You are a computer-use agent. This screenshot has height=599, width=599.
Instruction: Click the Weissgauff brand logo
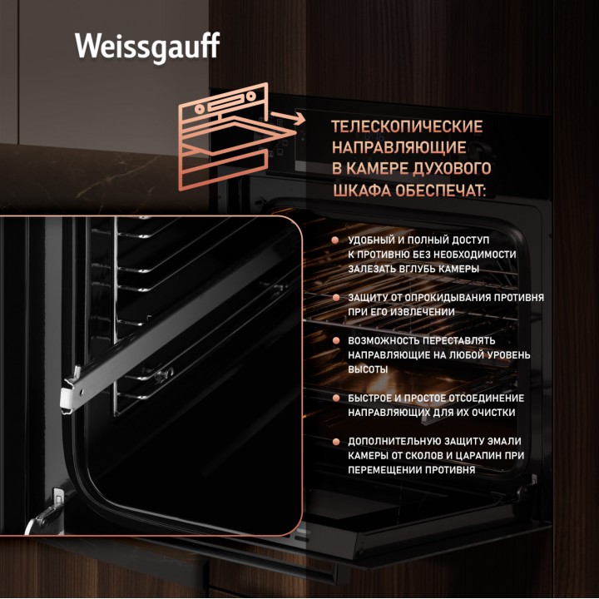coord(147,47)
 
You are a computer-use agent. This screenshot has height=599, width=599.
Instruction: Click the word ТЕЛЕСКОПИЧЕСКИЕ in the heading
coord(407,126)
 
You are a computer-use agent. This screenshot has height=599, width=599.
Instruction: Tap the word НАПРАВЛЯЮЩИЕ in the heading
coord(399,148)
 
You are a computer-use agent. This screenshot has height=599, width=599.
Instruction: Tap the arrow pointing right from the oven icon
coord(288,117)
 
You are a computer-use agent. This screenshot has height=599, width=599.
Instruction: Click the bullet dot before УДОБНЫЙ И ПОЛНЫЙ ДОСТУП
coord(335,240)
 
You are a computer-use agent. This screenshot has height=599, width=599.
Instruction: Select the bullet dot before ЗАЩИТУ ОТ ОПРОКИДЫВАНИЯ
coord(336,298)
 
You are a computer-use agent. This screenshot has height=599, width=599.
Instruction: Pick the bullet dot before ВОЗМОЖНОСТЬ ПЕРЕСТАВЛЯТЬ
coord(336,340)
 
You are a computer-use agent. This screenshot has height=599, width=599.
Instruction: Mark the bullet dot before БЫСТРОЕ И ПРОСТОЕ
coord(336,398)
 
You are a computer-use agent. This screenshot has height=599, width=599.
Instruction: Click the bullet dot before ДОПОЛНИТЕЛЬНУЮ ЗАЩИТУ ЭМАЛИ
coord(336,441)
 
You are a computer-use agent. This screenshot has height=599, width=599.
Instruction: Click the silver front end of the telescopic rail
coord(72,391)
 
